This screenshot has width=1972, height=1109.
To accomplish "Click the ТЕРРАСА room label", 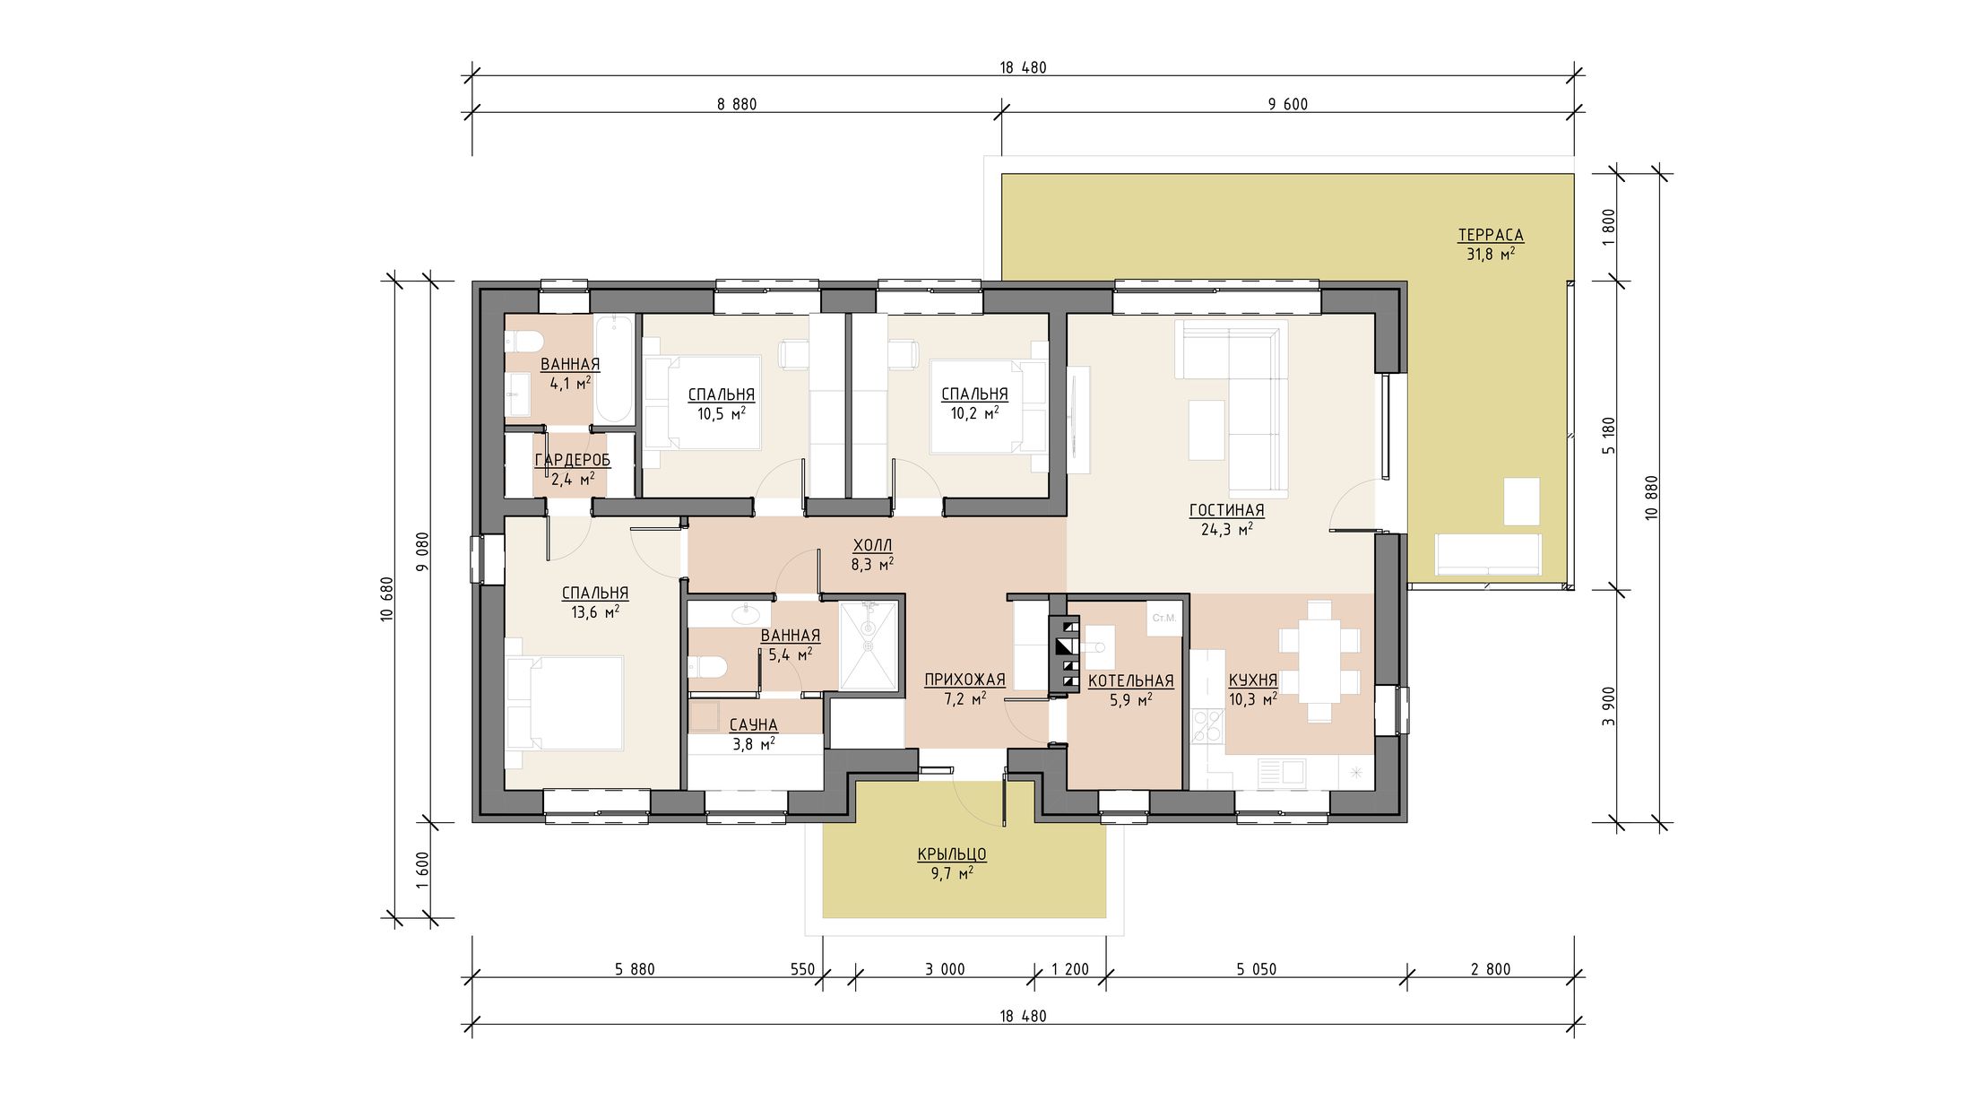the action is pos(1490,235).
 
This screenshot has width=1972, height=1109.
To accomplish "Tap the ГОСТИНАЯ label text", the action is pos(1226,510).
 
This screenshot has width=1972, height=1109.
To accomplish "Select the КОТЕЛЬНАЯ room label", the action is pos(1130,681).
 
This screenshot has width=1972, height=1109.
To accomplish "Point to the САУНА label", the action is pos(753,724).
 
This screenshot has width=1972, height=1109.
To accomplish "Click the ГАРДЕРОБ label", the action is pos(573,460).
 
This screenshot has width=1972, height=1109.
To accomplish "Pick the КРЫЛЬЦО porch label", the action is pos(952,854).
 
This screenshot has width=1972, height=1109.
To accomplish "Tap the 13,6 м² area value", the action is pos(595,612).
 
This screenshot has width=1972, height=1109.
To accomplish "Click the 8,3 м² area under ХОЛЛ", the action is pos(872,565).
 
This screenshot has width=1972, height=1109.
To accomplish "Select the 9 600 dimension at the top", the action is pos(1288,104).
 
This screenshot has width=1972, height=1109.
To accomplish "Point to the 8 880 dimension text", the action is pos(737,104).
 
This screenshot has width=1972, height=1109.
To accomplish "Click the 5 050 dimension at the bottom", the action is pos(1256,969).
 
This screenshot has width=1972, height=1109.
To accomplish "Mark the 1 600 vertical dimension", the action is pos(423,870).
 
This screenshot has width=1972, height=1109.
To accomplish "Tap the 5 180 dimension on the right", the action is pos(1609,436).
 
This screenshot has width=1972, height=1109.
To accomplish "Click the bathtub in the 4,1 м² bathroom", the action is pos(614,368).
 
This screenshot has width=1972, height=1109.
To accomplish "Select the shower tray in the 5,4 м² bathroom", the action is pos(868,645).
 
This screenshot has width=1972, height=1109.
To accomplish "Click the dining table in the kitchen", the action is pos(1319,662).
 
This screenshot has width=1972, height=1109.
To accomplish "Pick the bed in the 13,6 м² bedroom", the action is pos(565,703).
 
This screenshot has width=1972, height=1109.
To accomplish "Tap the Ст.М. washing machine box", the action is pos(1164,619).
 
